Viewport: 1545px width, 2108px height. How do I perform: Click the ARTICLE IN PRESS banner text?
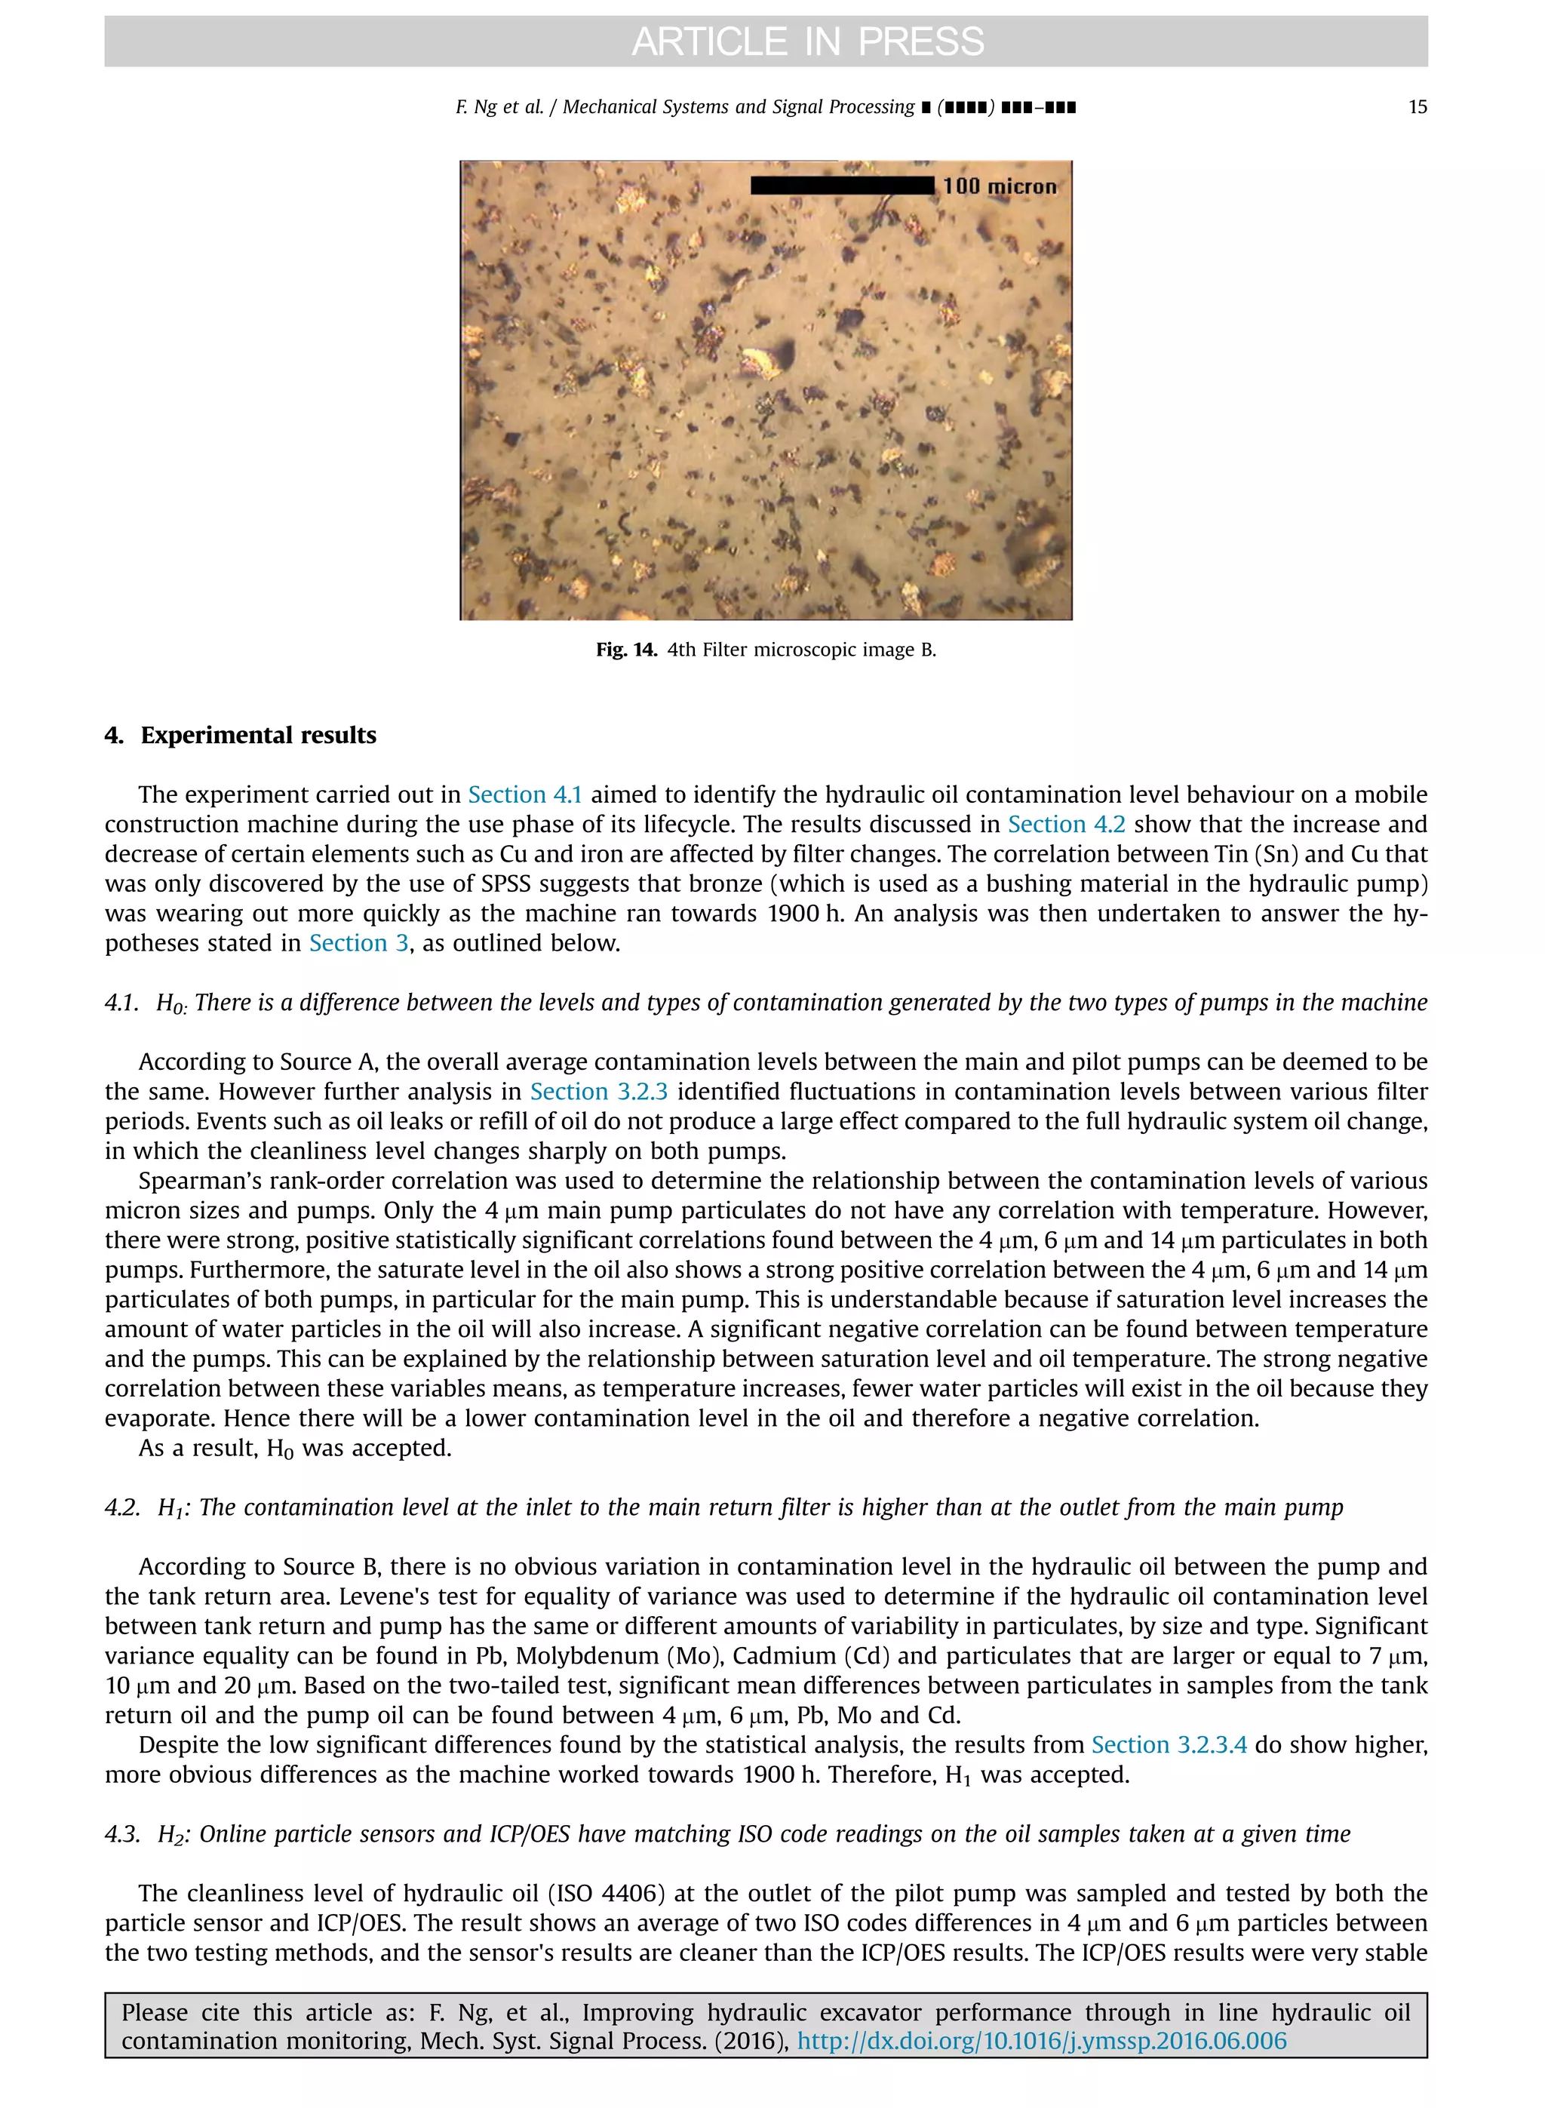tap(808, 41)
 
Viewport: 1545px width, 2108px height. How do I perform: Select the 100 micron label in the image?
tap(1000, 186)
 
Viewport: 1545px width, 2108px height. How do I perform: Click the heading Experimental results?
tap(258, 735)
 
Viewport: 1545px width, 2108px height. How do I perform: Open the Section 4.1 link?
tap(524, 795)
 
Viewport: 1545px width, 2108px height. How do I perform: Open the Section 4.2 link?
tap(1066, 825)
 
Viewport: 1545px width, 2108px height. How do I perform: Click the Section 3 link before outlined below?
tap(358, 944)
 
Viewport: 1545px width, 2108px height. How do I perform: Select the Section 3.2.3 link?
tap(598, 1092)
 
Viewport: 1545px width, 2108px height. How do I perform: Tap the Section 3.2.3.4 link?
tap(1169, 1745)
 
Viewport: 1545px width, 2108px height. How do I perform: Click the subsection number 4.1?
tap(121, 1003)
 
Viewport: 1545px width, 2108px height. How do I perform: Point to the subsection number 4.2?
tap(121, 1508)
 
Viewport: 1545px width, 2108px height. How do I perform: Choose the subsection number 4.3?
tap(121, 1835)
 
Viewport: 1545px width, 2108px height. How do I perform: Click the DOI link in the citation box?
tap(1041, 2042)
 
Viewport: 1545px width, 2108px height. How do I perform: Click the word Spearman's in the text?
tap(198, 1182)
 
